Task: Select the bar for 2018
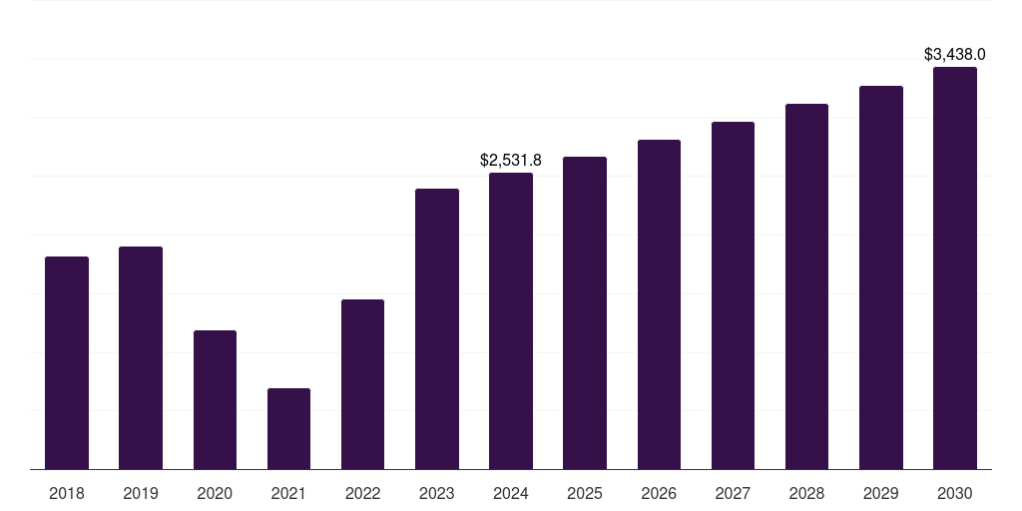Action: [67, 363]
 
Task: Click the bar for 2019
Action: [141, 358]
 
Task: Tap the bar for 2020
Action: [216, 399]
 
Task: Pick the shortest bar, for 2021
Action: [288, 429]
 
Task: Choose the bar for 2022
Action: [362, 384]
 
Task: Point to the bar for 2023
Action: [437, 329]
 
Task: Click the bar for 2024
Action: [511, 321]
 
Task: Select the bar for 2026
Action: [659, 304]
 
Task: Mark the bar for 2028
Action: [806, 286]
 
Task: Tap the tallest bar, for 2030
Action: [955, 267]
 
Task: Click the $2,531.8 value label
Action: [511, 161]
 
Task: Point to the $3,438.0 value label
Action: [955, 55]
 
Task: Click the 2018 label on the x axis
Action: [67, 493]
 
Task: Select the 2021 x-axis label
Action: [288, 493]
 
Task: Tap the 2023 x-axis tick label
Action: [437, 493]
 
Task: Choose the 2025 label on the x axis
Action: [585, 493]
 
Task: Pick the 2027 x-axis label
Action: [733, 493]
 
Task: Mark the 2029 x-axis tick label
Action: [880, 493]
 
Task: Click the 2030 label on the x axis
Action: [955, 493]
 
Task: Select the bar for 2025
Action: [585, 312]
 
